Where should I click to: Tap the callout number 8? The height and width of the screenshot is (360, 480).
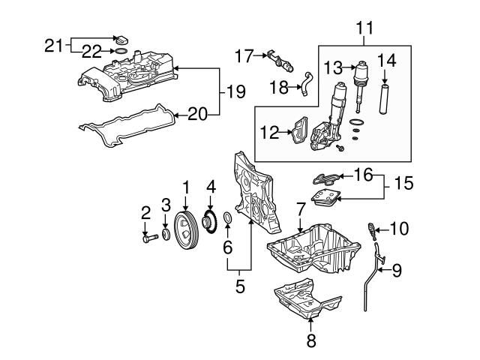pos(311,342)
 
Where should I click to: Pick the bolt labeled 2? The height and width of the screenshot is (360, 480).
pos(148,239)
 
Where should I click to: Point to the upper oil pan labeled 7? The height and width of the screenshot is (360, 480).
pos(307,251)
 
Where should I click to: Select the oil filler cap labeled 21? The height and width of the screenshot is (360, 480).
pos(121,39)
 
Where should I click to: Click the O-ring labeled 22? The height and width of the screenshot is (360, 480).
pos(118,52)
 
